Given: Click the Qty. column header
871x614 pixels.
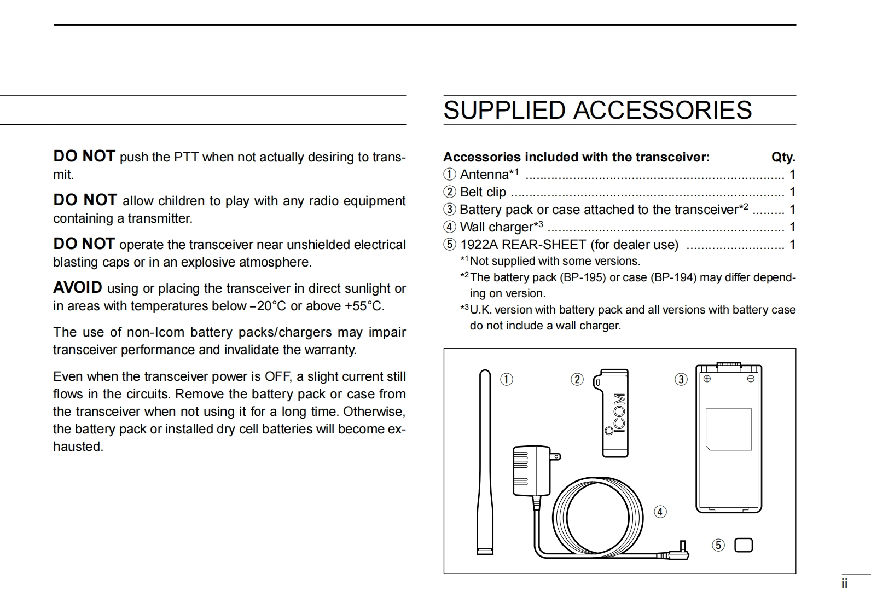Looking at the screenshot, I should tap(783, 158).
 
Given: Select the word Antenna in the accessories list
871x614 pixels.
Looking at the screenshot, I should tap(484, 175).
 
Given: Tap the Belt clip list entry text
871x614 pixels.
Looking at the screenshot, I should tap(483, 192).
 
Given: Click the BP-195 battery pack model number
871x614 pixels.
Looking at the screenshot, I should tap(584, 277).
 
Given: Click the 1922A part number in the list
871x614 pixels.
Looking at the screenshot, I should tap(479, 245).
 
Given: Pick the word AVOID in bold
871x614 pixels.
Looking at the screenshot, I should tap(78, 288).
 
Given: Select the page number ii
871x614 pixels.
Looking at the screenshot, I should tap(844, 584).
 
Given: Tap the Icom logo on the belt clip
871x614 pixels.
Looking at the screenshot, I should tap(618, 414).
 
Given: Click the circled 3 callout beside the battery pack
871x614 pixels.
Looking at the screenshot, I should tap(681, 379).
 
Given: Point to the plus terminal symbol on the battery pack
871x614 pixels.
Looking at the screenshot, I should tap(707, 379).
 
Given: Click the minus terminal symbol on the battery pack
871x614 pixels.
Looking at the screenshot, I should tap(751, 379).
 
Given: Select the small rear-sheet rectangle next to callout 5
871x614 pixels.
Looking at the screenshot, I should tap(744, 545).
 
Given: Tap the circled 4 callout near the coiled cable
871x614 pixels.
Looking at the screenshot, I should tap(660, 512).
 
